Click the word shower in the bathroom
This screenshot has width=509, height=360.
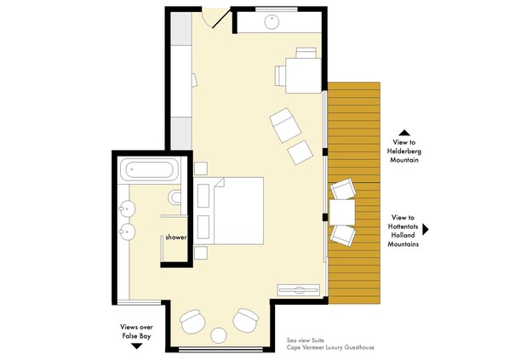click(x=176, y=237)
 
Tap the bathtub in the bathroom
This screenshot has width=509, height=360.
click(x=149, y=169)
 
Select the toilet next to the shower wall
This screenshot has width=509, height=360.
click(x=174, y=197)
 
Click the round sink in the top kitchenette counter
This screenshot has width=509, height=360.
click(x=272, y=22)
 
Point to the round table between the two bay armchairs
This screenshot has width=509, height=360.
click(x=218, y=335)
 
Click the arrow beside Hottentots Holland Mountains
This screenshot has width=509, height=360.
click(x=426, y=230)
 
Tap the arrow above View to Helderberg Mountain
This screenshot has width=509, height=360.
click(x=404, y=133)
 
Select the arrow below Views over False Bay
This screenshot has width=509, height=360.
click(x=137, y=346)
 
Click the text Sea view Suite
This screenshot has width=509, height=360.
click(x=305, y=340)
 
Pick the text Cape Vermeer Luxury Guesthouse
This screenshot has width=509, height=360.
click(x=330, y=347)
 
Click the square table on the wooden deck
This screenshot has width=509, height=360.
click(x=342, y=212)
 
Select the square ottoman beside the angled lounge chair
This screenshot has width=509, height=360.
click(x=300, y=152)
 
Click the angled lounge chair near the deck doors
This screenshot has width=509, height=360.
click(x=285, y=125)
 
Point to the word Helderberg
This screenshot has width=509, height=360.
click(x=404, y=151)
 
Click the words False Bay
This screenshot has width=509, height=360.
click(x=137, y=336)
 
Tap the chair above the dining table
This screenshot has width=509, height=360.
click(x=306, y=53)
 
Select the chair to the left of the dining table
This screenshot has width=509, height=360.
click(x=280, y=76)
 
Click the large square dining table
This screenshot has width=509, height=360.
click(x=303, y=76)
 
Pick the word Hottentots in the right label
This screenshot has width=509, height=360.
click(x=403, y=226)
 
